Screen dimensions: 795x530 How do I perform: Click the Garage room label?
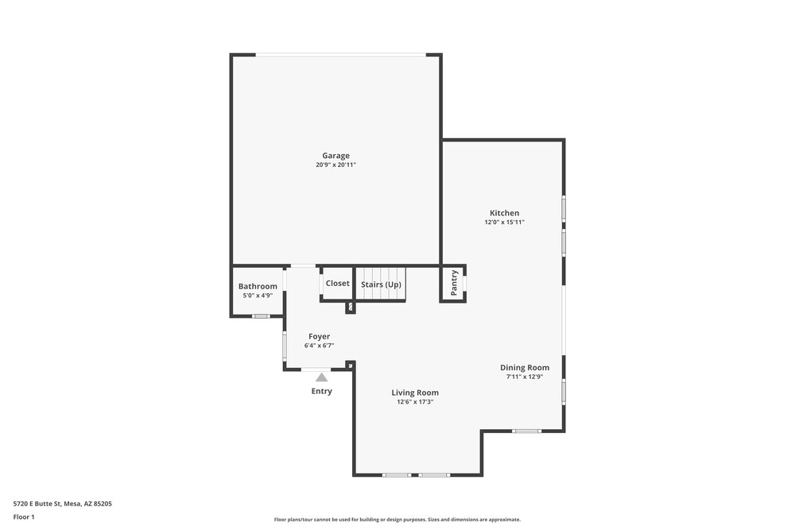pos(335,156)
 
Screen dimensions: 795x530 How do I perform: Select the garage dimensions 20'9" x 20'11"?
pos(335,164)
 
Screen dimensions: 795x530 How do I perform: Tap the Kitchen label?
pos(505,213)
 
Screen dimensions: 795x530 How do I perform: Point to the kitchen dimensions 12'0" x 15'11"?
pos(505,222)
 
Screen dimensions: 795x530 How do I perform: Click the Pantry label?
pos(454,283)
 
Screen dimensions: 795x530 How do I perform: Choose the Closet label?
pos(338,283)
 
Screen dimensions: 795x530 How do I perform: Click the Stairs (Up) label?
pos(381,284)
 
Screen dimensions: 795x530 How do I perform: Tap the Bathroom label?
pos(258,286)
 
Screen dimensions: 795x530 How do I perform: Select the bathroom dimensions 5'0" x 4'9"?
pos(258,296)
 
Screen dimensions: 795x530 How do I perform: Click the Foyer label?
pos(320,336)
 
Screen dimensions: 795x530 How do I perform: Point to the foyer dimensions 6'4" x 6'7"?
pos(320,346)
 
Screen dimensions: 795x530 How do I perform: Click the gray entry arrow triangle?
pos(321,377)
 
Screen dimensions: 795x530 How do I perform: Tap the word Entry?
pos(321,391)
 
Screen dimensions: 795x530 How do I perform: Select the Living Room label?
pos(415,393)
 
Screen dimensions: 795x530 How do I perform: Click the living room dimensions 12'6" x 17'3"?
pos(415,402)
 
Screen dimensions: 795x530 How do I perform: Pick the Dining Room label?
pos(525,368)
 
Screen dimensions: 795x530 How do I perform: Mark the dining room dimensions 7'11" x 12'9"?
pos(525,377)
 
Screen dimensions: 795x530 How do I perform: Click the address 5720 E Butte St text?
pos(37,504)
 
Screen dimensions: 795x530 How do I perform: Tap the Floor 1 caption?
pos(24,516)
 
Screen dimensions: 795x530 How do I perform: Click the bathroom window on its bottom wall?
pos(261,316)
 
